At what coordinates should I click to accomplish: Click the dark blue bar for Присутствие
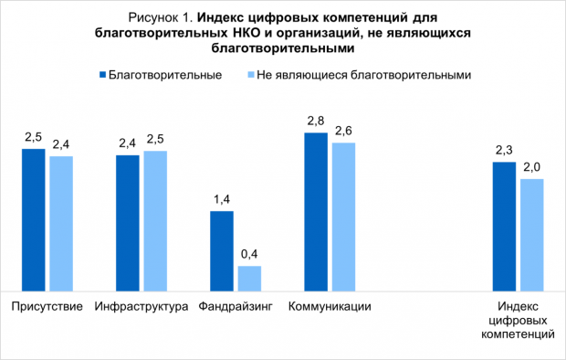pyautogui.click(x=34, y=219)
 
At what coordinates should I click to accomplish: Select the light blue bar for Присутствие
pyautogui.click(x=61, y=224)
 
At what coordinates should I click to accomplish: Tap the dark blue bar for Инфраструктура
pyautogui.click(x=128, y=223)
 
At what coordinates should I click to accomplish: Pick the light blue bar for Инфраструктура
pyautogui.click(x=155, y=220)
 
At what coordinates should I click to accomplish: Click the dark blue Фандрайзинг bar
pyautogui.click(x=222, y=251)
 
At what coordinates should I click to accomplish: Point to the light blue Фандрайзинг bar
pyautogui.click(x=249, y=279)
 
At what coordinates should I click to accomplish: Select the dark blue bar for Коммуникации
pyautogui.click(x=316, y=212)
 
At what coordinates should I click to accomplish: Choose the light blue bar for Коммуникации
pyautogui.click(x=344, y=217)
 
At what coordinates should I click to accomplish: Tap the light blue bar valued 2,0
pyautogui.click(x=531, y=235)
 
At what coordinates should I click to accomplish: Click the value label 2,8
pyautogui.click(x=316, y=121)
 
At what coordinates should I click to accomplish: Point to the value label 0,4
pyautogui.click(x=249, y=255)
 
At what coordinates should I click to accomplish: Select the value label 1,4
pyautogui.click(x=222, y=200)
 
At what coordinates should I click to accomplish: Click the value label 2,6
pyautogui.click(x=344, y=132)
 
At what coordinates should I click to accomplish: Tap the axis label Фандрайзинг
pyautogui.click(x=235, y=306)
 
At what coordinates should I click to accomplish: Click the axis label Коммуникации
pyautogui.click(x=330, y=306)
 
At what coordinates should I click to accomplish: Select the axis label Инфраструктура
pyautogui.click(x=141, y=306)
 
